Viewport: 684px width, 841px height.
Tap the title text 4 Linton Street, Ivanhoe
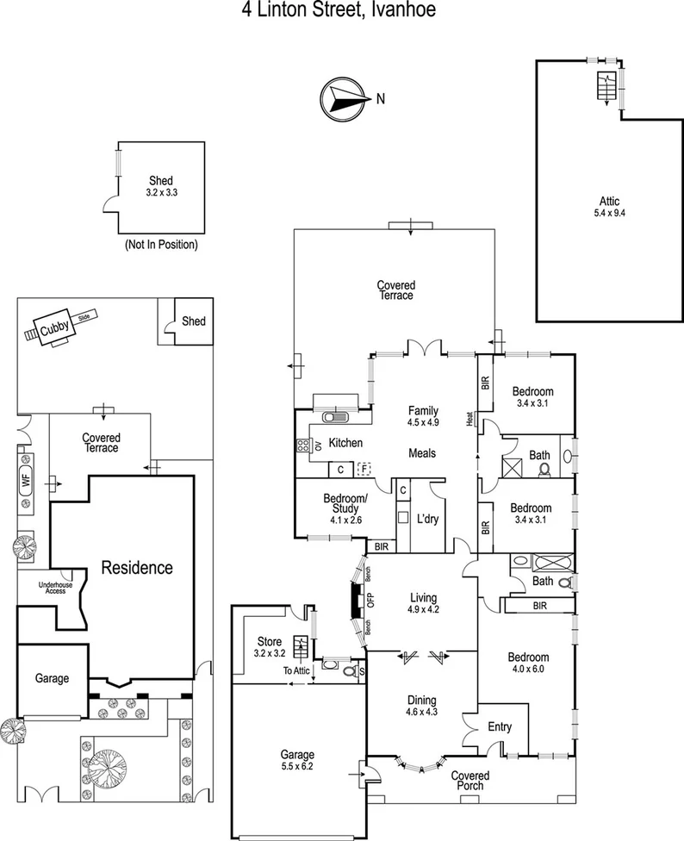(x=342, y=11)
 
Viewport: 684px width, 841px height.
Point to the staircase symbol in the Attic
(x=606, y=86)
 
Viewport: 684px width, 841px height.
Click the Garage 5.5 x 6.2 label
(x=296, y=759)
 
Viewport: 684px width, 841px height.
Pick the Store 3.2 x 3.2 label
(x=270, y=647)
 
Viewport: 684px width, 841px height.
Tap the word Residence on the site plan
(x=137, y=568)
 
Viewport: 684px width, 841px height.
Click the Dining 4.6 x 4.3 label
(x=422, y=706)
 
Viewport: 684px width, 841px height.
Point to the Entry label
(x=499, y=727)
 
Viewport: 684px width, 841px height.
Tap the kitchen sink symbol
(x=333, y=418)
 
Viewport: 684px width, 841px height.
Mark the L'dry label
(x=428, y=520)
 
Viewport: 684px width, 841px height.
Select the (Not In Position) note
(x=162, y=245)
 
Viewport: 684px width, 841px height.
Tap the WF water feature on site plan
(x=25, y=481)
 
